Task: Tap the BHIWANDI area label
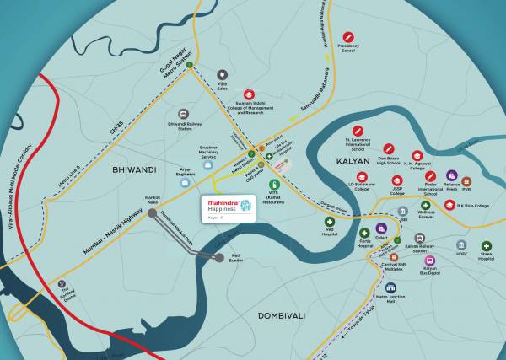pyautogui.click(x=129, y=169)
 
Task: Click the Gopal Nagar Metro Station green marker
pyautogui.click(x=191, y=64)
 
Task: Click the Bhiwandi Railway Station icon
pyautogui.click(x=184, y=113)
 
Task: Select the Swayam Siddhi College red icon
pyautogui.click(x=249, y=94)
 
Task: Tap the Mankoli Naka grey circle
pyautogui.click(x=152, y=213)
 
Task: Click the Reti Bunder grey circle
pyautogui.click(x=219, y=257)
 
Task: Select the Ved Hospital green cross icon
pyautogui.click(x=330, y=222)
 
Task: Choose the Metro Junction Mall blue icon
pyautogui.click(x=385, y=287)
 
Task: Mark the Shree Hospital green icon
pyautogui.click(x=486, y=244)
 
